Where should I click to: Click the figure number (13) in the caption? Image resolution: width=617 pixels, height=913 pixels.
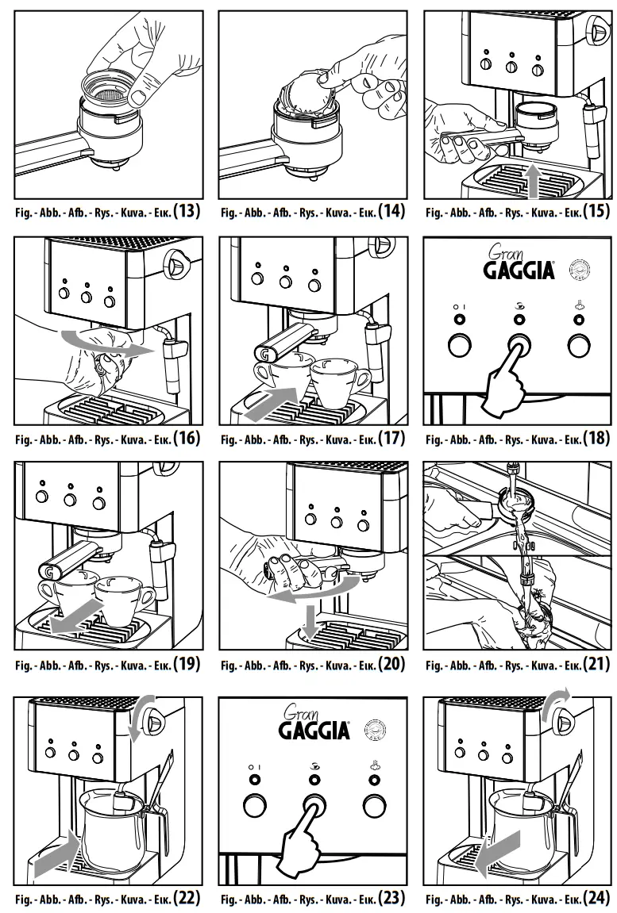[x=187, y=212]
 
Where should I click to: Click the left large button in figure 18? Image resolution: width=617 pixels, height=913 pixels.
[x=459, y=345]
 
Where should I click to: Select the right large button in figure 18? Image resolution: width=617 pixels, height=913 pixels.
[x=578, y=345]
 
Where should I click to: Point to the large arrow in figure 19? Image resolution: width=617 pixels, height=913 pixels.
[x=77, y=616]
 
